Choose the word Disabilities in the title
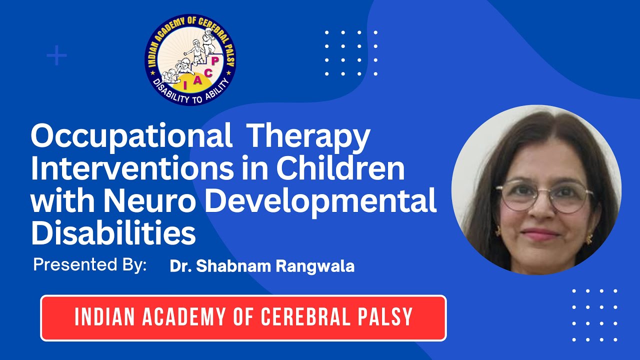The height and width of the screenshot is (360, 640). [113, 233]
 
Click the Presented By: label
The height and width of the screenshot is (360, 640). [90, 265]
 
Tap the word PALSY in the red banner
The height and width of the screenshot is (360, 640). [386, 317]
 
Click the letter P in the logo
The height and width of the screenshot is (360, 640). [214, 61]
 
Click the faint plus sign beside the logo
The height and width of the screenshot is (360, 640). [56, 55]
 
